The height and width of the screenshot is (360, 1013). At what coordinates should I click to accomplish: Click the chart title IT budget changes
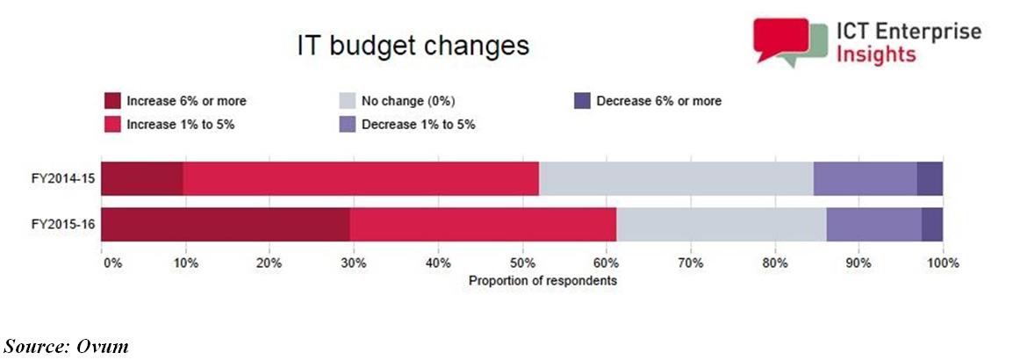pyautogui.click(x=412, y=46)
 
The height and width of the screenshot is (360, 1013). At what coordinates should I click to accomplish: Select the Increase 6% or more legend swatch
pyautogui.click(x=111, y=101)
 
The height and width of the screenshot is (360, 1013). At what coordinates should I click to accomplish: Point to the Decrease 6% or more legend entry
pyautogui.click(x=658, y=101)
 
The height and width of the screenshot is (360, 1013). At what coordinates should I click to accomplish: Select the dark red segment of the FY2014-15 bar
pyautogui.click(x=142, y=179)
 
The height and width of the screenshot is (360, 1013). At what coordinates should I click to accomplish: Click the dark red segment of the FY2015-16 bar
pyautogui.click(x=226, y=225)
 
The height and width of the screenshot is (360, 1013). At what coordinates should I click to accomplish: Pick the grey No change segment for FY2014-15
pyautogui.click(x=676, y=179)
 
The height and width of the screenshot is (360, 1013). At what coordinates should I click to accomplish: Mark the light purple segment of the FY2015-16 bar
pyautogui.click(x=873, y=225)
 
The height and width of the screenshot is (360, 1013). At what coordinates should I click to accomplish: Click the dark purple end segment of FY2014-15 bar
pyautogui.click(x=930, y=179)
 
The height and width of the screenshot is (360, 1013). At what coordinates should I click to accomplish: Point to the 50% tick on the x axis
pyautogui.click(x=522, y=263)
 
